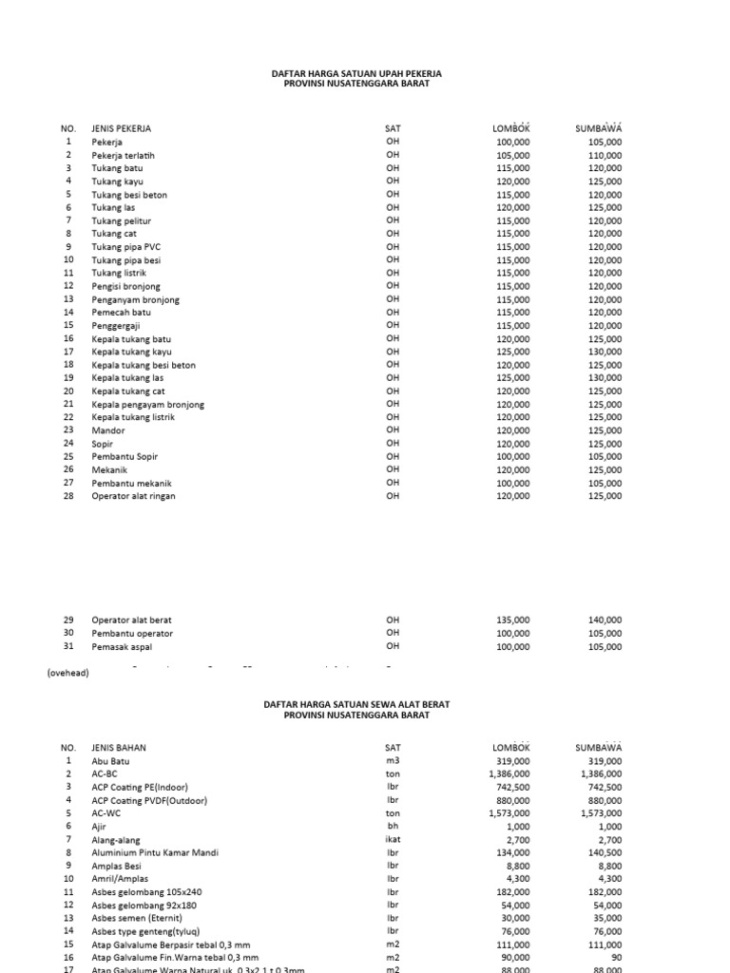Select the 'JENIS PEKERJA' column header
click(x=121, y=128)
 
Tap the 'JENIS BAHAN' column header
click(x=119, y=748)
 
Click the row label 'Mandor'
click(x=107, y=430)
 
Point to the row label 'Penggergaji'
click(x=115, y=326)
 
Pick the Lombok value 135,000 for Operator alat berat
click(x=513, y=620)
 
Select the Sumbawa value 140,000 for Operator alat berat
click(x=605, y=620)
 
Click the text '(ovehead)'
click(x=68, y=673)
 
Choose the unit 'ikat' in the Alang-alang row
click(x=393, y=840)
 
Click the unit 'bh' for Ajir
click(x=393, y=827)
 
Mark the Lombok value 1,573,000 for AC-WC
click(x=509, y=813)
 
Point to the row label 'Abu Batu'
click(x=110, y=761)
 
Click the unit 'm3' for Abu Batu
click(x=393, y=761)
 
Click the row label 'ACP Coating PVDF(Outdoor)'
click(x=149, y=801)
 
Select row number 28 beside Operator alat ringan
click(x=67, y=495)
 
